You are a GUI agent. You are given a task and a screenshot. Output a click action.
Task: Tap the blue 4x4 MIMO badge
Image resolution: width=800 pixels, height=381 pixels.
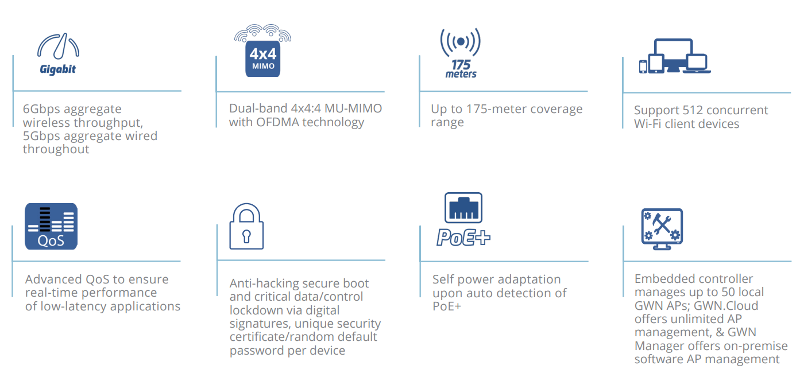click(263, 59)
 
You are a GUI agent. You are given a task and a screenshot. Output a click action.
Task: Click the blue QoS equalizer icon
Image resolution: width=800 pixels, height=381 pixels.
click(51, 226)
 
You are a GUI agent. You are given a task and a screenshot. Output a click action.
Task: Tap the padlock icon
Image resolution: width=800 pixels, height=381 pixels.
click(246, 227)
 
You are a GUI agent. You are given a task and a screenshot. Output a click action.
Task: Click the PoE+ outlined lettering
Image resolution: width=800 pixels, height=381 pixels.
click(463, 237)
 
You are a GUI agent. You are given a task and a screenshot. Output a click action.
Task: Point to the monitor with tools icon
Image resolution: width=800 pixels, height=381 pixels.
click(662, 228)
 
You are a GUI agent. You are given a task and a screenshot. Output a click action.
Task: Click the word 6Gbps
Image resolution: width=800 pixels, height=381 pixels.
click(42, 109)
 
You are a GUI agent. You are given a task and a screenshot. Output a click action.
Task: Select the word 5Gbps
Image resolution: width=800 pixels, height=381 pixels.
click(42, 136)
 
